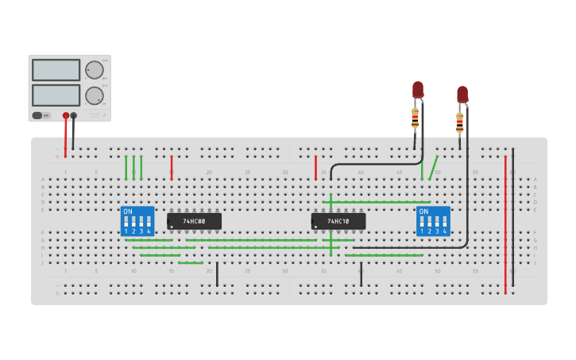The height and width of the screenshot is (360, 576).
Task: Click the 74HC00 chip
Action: [x=194, y=221]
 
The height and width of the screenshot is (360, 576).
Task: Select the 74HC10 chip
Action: [x=338, y=221]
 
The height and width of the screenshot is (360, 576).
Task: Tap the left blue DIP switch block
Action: [x=137, y=221]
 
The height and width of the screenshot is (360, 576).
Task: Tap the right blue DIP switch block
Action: [x=433, y=221]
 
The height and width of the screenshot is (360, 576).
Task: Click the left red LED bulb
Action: [x=418, y=89]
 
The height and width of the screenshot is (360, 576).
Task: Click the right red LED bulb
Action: [x=462, y=94]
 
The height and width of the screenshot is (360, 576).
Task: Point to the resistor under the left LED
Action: [x=415, y=118]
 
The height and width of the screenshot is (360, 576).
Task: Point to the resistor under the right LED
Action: [x=459, y=123]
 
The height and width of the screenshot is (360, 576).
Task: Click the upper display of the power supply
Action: [x=56, y=70]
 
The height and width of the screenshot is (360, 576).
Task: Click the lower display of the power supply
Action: [x=56, y=95]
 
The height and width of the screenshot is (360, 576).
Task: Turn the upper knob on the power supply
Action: [x=95, y=70]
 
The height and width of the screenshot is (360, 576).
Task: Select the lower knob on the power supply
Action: [x=95, y=95]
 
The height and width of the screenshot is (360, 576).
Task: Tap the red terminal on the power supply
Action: [x=66, y=116]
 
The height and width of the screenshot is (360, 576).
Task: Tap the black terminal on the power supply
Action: [x=74, y=116]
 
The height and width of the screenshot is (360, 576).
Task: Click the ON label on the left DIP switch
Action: [x=127, y=211]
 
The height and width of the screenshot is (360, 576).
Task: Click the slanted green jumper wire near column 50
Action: [x=433, y=168]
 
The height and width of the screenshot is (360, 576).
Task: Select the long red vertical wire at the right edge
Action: [x=504, y=223]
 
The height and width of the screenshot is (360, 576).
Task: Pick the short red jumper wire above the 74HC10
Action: [x=315, y=167]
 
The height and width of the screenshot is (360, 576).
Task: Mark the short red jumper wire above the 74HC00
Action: [x=172, y=167]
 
